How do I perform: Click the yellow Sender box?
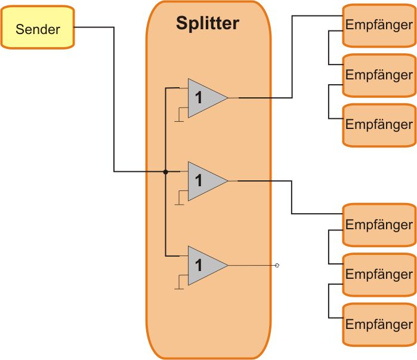[x=38, y=27]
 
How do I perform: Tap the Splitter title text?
[x=207, y=23]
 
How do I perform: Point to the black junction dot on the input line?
[x=165, y=172]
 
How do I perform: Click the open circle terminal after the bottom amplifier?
[x=277, y=264]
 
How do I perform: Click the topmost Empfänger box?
[x=379, y=26]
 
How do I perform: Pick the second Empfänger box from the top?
[x=379, y=75]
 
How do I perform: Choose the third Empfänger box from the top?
[x=379, y=125]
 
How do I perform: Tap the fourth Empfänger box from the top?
[x=379, y=225]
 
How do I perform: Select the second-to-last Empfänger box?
[x=379, y=275]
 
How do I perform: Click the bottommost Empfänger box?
[x=379, y=324]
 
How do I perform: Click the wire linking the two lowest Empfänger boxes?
[x=329, y=300]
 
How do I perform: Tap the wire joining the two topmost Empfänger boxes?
[x=329, y=48]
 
